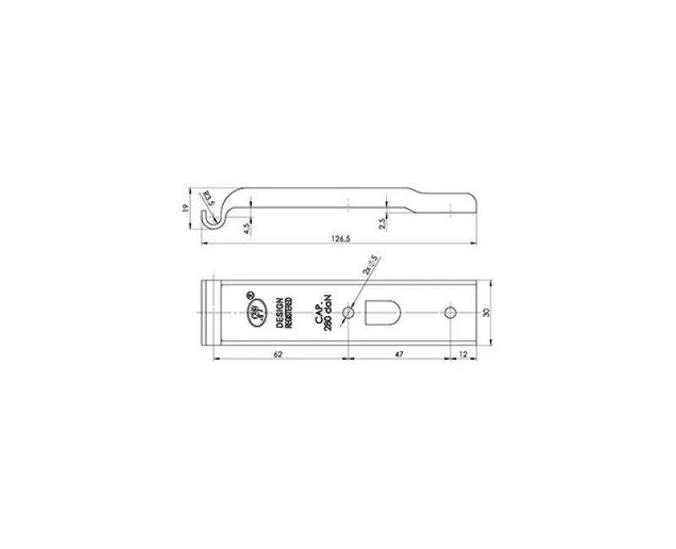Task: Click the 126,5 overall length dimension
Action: click(339, 240)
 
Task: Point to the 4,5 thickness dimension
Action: click(246, 226)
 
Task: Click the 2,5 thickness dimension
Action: click(383, 224)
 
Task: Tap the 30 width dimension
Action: click(485, 313)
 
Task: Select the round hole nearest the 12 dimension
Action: click(450, 313)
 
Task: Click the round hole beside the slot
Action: click(348, 313)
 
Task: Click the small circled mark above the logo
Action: click(249, 295)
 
